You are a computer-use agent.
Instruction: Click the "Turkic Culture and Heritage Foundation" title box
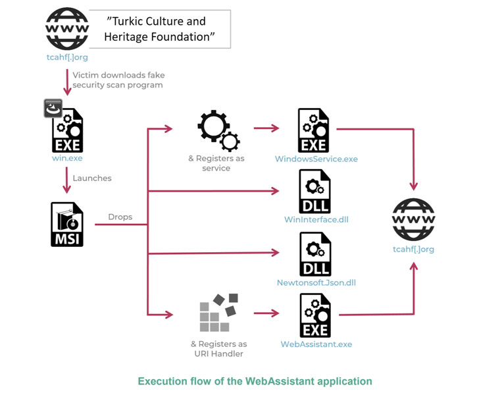[x=160, y=29]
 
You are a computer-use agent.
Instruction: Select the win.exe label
[x=67, y=159]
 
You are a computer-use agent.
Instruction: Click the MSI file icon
[x=67, y=224]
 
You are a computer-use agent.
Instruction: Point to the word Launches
[x=92, y=178]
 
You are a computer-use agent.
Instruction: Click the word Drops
[x=120, y=217]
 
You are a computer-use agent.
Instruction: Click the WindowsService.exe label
[x=317, y=159]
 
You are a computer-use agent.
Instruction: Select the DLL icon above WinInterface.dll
[x=315, y=192]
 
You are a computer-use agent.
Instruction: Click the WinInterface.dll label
[x=316, y=219]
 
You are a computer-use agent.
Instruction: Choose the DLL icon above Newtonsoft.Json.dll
[x=315, y=254]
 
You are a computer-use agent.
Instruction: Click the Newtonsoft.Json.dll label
[x=316, y=282]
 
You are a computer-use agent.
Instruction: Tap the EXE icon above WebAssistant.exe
[x=315, y=315]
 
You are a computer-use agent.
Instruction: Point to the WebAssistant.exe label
[x=316, y=344]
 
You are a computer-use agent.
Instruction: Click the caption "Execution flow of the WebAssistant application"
[x=255, y=381]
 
